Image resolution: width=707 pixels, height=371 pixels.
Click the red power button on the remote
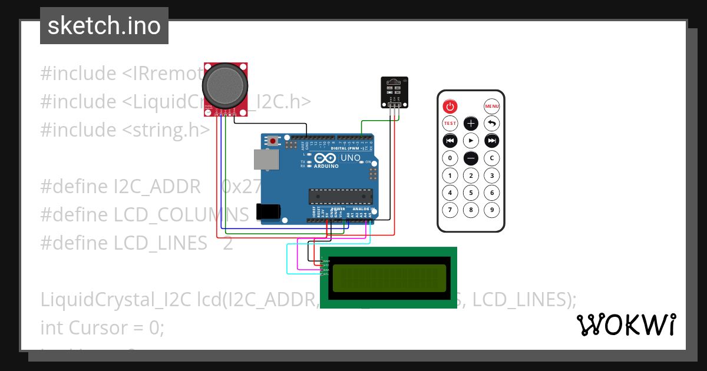[x=450, y=107]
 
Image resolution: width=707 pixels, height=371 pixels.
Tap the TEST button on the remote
[x=450, y=124]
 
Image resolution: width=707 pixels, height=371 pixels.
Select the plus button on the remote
[x=471, y=124]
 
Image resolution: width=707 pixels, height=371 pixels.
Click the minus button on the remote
[x=471, y=158]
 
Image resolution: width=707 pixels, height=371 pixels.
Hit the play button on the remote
[x=471, y=141]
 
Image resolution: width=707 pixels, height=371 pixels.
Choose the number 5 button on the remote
[x=471, y=193]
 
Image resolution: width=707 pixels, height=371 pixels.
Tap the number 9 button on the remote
[x=491, y=210]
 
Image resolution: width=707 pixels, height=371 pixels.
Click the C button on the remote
[x=491, y=158]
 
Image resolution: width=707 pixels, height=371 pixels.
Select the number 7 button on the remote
[x=450, y=210]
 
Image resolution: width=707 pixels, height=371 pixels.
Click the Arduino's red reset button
[x=273, y=141]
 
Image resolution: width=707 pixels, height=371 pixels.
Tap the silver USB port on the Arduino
[x=266, y=160]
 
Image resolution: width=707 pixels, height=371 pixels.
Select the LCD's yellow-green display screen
[x=389, y=278]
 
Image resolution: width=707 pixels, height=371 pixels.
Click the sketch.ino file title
[x=104, y=26]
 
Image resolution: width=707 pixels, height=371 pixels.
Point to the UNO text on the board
[x=351, y=158]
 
